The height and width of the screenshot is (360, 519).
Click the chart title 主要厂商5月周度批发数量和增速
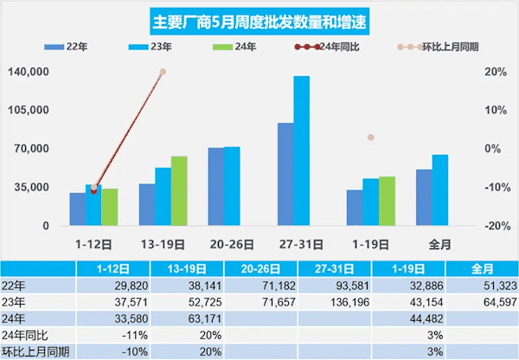coord(259,19)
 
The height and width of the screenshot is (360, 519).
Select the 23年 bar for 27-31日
coord(301,151)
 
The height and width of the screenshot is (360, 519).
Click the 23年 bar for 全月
coord(439,190)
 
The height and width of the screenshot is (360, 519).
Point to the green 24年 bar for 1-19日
coord(387,201)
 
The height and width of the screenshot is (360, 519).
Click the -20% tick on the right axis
coord(497,226)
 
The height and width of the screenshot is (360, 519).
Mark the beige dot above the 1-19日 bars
coord(370,138)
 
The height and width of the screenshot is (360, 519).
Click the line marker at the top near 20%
coord(163,73)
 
